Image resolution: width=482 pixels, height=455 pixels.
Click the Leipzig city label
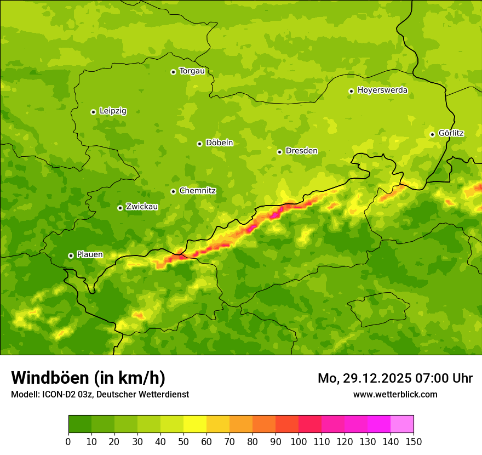point(113,111)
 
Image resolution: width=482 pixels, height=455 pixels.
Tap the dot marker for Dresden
point(279,152)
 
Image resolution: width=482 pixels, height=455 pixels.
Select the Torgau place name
point(192,71)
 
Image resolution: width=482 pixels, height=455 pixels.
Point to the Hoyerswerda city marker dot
point(351,91)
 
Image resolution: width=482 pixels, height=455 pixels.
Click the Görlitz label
point(451,133)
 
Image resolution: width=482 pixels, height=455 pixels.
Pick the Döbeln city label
point(219,143)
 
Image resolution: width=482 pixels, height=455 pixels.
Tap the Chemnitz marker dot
point(173,191)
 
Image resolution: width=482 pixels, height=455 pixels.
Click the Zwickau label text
point(142,207)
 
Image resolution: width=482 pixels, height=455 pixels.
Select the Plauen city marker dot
point(71,255)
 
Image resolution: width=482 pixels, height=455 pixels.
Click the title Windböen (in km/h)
point(88,378)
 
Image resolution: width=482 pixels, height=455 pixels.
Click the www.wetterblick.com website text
point(395,395)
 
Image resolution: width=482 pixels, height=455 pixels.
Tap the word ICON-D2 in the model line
point(56,395)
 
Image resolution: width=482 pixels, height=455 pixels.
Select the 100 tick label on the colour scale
point(299,441)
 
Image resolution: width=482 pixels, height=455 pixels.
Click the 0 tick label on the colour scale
point(68,441)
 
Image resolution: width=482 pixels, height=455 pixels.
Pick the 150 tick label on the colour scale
point(414,441)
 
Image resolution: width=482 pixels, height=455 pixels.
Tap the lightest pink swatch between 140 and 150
point(402,424)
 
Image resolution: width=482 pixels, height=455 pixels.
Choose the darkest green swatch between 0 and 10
point(80,424)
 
